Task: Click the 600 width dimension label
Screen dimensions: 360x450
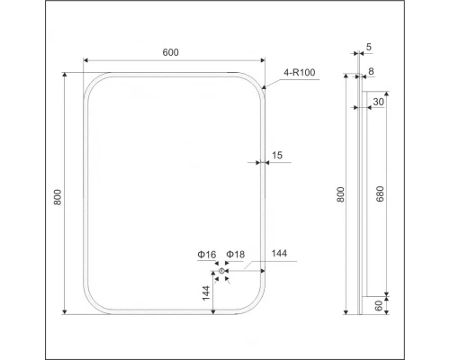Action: pyautogui.click(x=170, y=52)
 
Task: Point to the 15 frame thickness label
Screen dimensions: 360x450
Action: pyautogui.click(x=276, y=156)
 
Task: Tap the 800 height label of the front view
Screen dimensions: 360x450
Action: pyautogui.click(x=58, y=197)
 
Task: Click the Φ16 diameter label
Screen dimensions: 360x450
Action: pyautogui.click(x=207, y=256)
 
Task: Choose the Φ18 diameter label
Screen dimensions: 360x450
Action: pyautogui.click(x=235, y=256)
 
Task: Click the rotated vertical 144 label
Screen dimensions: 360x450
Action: pyautogui.click(x=206, y=293)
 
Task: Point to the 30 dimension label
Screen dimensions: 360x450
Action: pyautogui.click(x=378, y=102)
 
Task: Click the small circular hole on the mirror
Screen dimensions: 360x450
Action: pyautogui.click(x=220, y=271)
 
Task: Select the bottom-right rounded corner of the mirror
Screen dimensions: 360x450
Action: pyautogui.click(x=257, y=306)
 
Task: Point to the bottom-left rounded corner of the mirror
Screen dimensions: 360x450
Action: pyautogui.click(x=93, y=306)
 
